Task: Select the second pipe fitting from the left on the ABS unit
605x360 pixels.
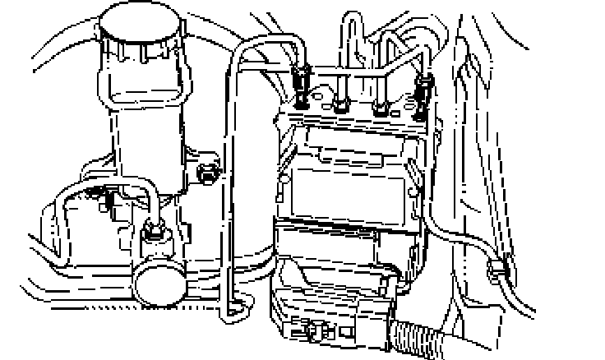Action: coord(339,104)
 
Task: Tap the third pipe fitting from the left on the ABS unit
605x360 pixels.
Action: coord(381,107)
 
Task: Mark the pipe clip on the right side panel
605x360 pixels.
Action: coord(498,269)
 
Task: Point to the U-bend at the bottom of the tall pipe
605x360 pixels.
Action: coord(233,308)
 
